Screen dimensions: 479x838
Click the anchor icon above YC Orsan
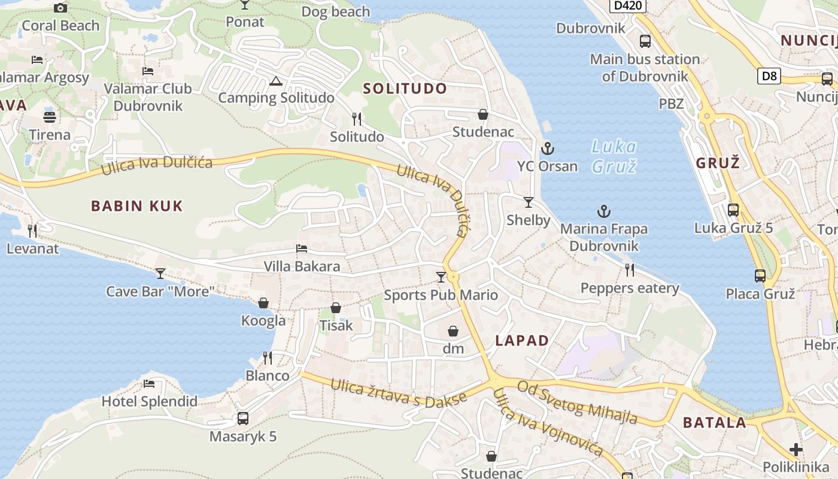[546, 148]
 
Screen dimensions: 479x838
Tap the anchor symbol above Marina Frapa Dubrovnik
[604, 211]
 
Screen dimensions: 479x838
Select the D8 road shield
[770, 76]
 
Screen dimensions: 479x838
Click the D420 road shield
[628, 6]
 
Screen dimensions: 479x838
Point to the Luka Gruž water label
[614, 156]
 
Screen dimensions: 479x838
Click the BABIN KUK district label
[136, 207]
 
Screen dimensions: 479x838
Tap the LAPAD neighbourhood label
[522, 341]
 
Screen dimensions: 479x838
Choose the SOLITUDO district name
[405, 89]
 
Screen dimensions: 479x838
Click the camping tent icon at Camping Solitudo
[275, 81]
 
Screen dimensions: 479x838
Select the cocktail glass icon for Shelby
[528, 202]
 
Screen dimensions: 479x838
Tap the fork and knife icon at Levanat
[32, 231]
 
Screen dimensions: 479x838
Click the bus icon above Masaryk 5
[242, 419]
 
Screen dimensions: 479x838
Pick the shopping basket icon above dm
[453, 331]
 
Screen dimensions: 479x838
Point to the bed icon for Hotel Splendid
[149, 383]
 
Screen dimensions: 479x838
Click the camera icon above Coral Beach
[60, 8]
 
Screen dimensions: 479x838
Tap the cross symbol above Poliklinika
[796, 449]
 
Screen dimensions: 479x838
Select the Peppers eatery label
[630, 289]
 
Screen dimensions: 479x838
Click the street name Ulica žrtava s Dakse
[398, 392]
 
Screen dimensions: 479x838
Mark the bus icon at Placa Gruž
[760, 276]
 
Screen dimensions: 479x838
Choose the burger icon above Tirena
[50, 117]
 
